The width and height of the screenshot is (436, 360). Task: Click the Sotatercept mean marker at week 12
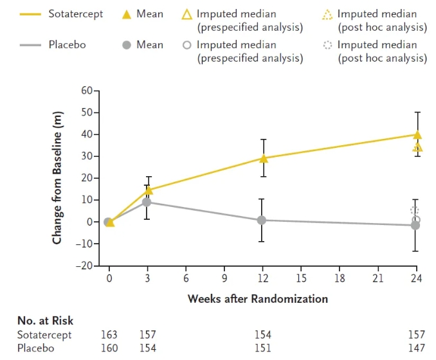(262, 158)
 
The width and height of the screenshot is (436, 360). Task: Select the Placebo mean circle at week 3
(147, 202)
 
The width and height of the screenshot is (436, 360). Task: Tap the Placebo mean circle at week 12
(262, 220)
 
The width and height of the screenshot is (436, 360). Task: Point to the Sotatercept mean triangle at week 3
(149, 190)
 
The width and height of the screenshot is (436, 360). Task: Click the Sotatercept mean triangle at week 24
(417, 135)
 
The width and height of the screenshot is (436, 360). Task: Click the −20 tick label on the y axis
(84, 265)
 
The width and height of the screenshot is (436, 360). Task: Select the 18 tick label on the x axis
(340, 279)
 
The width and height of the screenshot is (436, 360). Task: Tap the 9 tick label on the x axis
(224, 279)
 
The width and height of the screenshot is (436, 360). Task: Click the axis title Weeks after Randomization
(257, 299)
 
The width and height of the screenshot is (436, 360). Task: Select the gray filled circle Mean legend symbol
(127, 45)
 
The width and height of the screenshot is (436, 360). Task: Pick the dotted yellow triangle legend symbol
(327, 14)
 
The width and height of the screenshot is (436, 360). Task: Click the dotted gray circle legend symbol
(327, 45)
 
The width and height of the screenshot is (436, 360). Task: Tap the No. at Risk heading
(45, 320)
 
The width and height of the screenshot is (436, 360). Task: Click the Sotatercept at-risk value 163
(109, 334)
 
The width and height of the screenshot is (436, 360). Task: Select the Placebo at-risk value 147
(416, 348)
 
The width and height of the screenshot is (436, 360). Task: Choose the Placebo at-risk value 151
(262, 348)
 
